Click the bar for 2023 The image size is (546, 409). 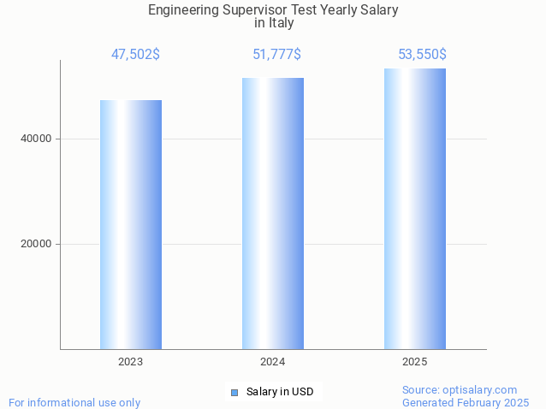point(131,224)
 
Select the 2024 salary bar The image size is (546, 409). point(273,213)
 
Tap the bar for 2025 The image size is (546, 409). point(415,209)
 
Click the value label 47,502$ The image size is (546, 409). point(135,55)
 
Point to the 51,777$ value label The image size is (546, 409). point(276,55)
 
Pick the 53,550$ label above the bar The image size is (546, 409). point(422,55)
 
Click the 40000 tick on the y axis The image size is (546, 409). point(36,139)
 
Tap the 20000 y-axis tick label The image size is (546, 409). point(36,244)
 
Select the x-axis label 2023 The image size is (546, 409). point(131,362)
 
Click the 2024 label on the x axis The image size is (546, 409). point(273,362)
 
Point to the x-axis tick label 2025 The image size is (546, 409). point(415,362)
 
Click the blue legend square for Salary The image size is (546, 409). point(234,393)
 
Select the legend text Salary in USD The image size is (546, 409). point(280,392)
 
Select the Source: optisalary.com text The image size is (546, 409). point(460,390)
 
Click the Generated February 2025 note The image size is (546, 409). point(466,402)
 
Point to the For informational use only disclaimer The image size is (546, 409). point(74,402)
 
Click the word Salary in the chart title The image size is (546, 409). point(379,10)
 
